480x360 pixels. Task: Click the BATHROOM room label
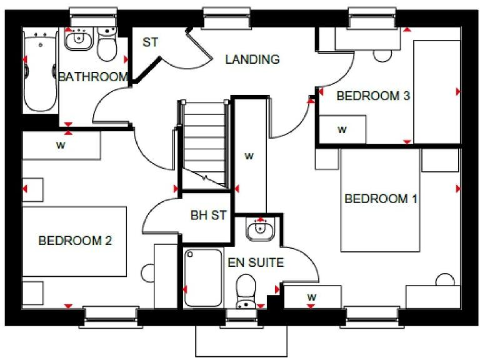click(93, 77)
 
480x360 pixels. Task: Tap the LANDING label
click(252, 59)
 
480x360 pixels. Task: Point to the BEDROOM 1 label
click(381, 199)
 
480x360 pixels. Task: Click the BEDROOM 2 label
click(75, 241)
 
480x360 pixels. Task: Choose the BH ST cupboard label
click(208, 216)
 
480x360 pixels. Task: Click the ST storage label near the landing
click(150, 42)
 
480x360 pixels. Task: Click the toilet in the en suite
click(246, 291)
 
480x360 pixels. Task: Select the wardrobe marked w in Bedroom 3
click(342, 130)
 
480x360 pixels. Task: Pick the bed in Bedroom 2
click(75, 241)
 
